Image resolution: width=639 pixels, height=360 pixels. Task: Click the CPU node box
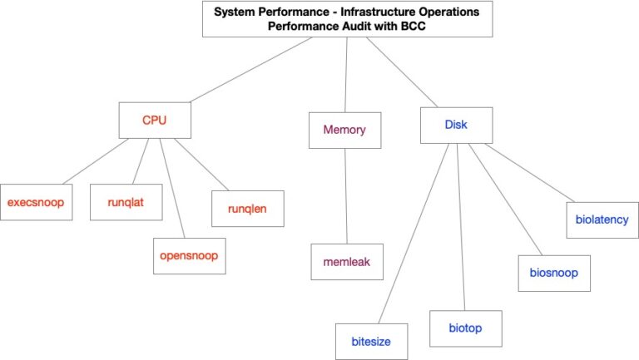point(155,120)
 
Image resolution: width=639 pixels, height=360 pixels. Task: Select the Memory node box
point(344,130)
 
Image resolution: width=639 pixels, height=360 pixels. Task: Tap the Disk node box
point(456,125)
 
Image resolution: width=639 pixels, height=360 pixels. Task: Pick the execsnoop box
point(36,202)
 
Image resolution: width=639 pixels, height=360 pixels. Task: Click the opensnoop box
point(189,255)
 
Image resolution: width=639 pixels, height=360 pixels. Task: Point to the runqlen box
point(247,208)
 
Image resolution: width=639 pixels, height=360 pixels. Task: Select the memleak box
point(346,261)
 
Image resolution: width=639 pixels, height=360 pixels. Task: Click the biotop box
point(466,328)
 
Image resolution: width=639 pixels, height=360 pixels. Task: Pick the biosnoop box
point(553,272)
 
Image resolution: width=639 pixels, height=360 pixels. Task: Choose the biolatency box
point(603,220)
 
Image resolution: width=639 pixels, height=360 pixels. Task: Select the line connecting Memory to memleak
point(345,196)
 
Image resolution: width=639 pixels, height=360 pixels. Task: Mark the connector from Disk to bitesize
point(409,232)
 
